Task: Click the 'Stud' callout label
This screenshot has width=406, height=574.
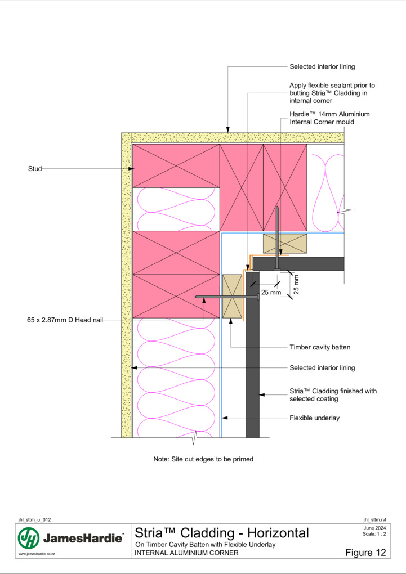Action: click(35, 169)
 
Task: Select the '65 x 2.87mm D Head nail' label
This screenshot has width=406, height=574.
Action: click(65, 320)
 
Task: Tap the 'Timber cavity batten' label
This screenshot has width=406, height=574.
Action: click(320, 347)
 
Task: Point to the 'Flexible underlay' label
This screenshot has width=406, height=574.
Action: click(314, 418)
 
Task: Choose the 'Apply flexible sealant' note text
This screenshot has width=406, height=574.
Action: click(332, 93)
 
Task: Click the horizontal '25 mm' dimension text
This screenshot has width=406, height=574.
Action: click(271, 292)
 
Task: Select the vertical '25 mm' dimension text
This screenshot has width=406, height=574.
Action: click(296, 284)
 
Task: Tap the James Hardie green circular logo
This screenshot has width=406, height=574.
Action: click(29, 538)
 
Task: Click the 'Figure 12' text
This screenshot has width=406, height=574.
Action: click(365, 553)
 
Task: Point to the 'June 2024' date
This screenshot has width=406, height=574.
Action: click(375, 528)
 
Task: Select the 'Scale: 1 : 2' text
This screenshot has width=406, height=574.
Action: click(374, 533)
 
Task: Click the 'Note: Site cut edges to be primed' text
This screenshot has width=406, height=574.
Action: click(203, 459)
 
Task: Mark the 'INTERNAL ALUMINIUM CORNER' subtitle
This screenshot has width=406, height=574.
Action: click(186, 553)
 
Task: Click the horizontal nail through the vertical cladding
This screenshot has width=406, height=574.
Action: click(227, 297)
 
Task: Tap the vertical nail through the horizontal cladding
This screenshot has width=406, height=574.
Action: click(277, 238)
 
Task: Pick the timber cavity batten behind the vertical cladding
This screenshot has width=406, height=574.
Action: click(233, 296)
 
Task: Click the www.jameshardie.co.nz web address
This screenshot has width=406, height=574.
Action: click(37, 554)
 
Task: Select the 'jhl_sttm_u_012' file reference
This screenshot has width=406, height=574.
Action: click(34, 520)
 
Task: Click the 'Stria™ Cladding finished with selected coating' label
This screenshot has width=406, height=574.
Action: click(333, 394)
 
